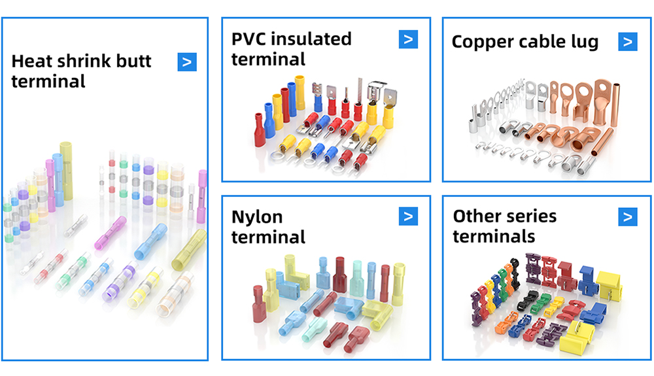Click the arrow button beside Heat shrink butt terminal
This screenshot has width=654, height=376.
coord(187,62)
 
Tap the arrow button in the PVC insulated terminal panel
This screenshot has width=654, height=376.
coord(408,39)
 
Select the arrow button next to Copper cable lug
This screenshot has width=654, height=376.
coord(628,42)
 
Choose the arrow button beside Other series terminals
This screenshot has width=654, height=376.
coord(628,216)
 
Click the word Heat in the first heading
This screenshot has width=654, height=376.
coord(32,61)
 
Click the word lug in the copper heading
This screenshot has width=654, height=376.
coord(584,43)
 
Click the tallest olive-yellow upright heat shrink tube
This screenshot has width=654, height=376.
coord(66,171)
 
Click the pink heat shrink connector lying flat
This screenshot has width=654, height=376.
coord(111,233)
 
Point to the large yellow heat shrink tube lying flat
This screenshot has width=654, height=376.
coord(189,250)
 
